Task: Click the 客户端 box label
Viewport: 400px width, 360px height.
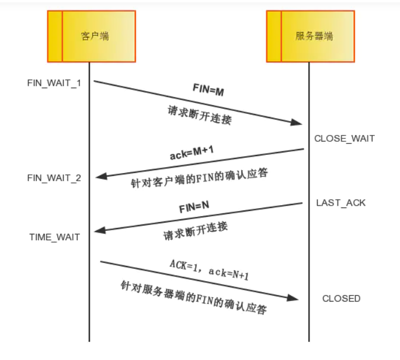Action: [95, 36]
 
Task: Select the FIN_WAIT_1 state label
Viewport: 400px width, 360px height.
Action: [54, 82]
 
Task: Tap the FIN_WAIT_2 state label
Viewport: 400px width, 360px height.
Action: [54, 178]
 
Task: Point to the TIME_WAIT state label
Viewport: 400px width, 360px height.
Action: [54, 237]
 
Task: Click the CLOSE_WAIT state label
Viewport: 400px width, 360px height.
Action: [344, 139]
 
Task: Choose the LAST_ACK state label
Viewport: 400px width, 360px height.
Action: [340, 203]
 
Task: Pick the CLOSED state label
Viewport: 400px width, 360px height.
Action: [341, 298]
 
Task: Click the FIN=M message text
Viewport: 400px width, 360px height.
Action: [208, 91]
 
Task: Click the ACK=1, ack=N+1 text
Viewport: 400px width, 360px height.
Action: [209, 269]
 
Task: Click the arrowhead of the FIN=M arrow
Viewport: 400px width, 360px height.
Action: [296, 122]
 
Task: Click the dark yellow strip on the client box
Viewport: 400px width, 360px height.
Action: [54, 36]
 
